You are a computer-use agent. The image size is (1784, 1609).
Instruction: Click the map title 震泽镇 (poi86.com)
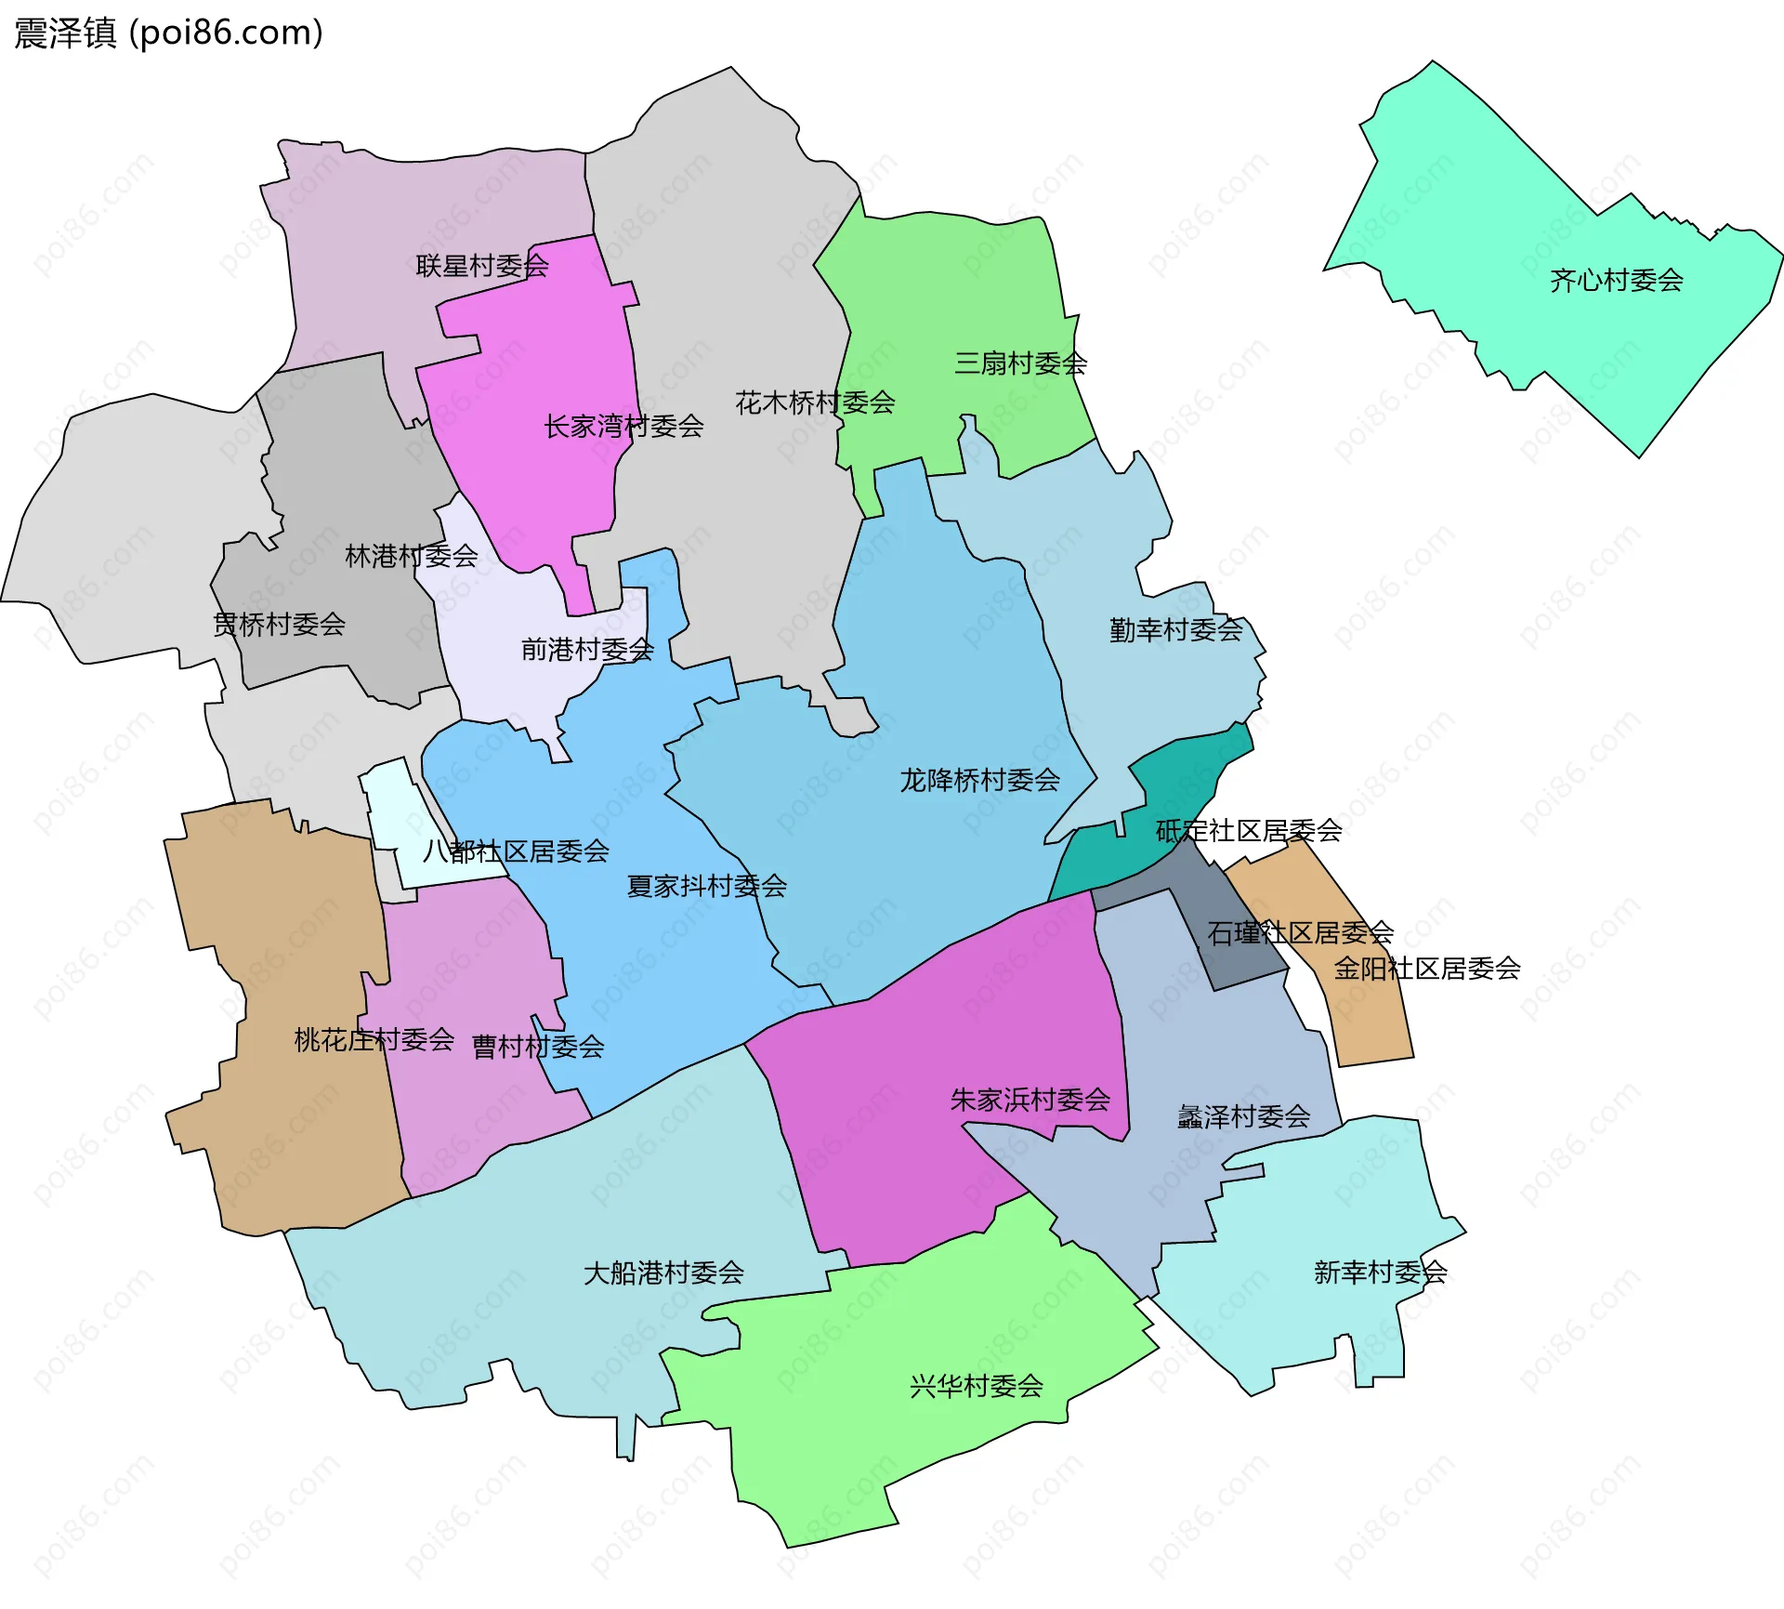coord(168,33)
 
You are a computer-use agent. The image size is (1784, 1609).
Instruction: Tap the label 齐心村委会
coord(1616,280)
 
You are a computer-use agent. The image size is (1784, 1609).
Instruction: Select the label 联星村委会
coord(482,266)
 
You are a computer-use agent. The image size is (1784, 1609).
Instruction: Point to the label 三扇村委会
coord(1020,363)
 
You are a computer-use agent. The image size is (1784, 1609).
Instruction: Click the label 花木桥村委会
coord(815,402)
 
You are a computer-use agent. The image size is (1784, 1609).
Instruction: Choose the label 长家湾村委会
coord(623,427)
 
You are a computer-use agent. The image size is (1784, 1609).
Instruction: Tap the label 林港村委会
coord(411,556)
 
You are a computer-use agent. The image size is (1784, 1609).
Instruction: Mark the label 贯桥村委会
coord(279,624)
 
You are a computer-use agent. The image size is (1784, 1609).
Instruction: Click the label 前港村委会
coord(587,649)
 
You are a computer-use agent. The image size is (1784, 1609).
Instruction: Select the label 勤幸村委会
coord(1175,630)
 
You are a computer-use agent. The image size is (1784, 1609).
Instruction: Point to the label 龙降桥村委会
coord(979,780)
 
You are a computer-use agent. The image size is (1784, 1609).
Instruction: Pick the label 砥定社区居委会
coord(1249,830)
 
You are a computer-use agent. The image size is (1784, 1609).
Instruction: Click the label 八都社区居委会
coord(516,851)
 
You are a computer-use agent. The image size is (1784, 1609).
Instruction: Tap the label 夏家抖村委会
coord(706,886)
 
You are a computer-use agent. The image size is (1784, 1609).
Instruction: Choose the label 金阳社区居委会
coord(1427,969)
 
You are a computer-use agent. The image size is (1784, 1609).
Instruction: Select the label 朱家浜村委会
coord(1030,1100)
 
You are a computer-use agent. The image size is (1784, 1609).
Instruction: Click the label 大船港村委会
coord(663,1273)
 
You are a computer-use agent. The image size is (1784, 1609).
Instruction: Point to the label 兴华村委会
coord(976,1386)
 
